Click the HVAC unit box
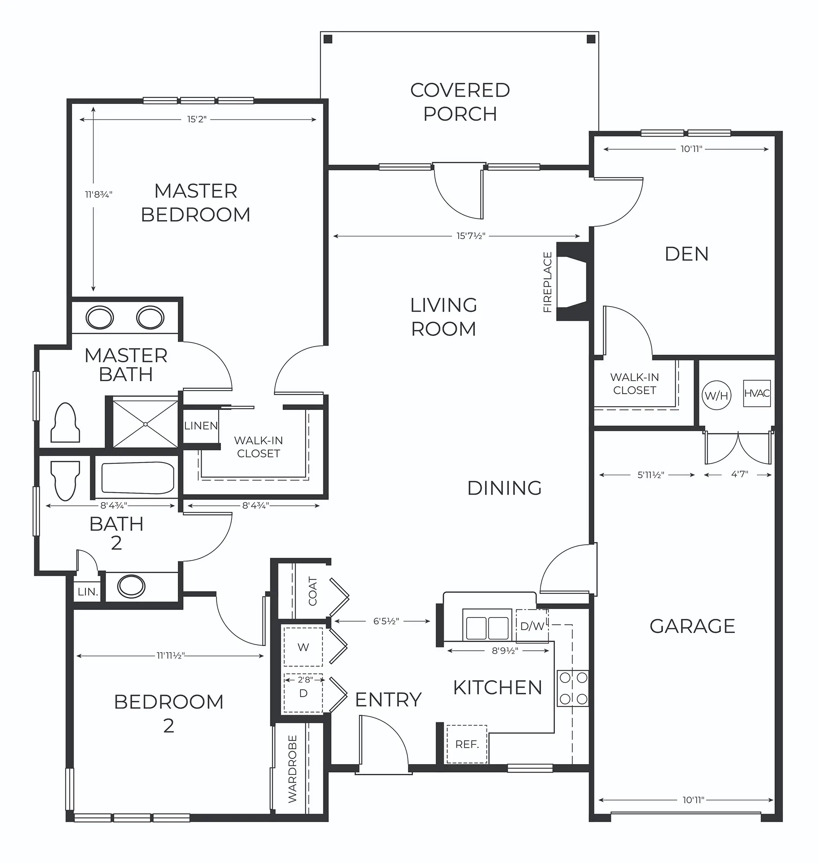pos(756,394)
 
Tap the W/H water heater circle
pos(716,396)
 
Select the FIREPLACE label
pos(548,282)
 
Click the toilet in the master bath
pos(66,423)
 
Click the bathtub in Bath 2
pos(138,478)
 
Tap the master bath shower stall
pos(145,424)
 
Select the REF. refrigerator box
pos(467,744)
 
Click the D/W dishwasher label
pos(532,626)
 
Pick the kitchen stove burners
pos(573,688)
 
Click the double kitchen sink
pos(487,625)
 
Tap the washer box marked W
pos(303,647)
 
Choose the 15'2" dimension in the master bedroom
pos(197,120)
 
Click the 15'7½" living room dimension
pos(471,236)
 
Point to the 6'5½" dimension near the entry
pos(386,621)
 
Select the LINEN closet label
pos(201,426)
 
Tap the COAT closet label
pos(313,591)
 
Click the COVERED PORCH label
pos(460,102)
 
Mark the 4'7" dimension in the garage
pos(739,474)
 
